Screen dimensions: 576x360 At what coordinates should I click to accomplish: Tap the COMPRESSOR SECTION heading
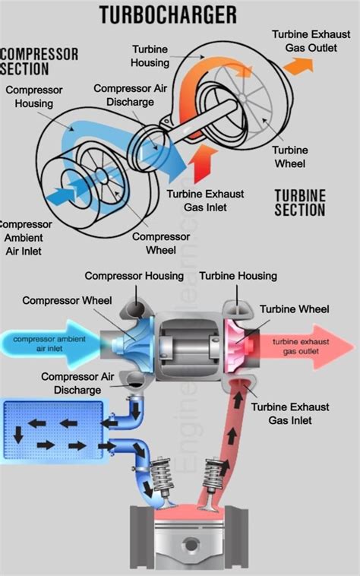pyautogui.click(x=39, y=61)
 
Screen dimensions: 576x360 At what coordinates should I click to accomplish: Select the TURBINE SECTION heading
pyautogui.click(x=299, y=202)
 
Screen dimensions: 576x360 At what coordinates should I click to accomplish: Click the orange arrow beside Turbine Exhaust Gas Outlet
pyautogui.click(x=298, y=66)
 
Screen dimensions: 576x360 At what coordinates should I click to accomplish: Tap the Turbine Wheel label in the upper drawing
pyautogui.click(x=290, y=157)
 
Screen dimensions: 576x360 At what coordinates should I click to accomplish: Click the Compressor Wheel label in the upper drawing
pyautogui.click(x=160, y=242)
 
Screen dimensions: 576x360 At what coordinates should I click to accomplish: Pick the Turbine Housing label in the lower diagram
pyautogui.click(x=238, y=275)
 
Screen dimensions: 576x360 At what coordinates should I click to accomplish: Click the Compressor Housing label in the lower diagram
pyautogui.click(x=134, y=275)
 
